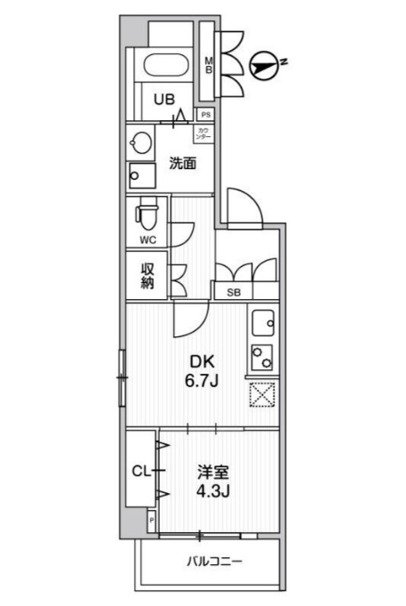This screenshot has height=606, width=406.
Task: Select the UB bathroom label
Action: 164,101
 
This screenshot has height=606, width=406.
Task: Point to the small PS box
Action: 205,115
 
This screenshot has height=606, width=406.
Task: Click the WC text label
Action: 147,240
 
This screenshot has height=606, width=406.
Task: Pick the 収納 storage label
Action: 147,275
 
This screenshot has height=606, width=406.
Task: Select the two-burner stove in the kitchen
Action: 263,357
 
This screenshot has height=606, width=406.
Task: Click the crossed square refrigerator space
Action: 263,394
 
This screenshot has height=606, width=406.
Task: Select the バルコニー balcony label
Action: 213,562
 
